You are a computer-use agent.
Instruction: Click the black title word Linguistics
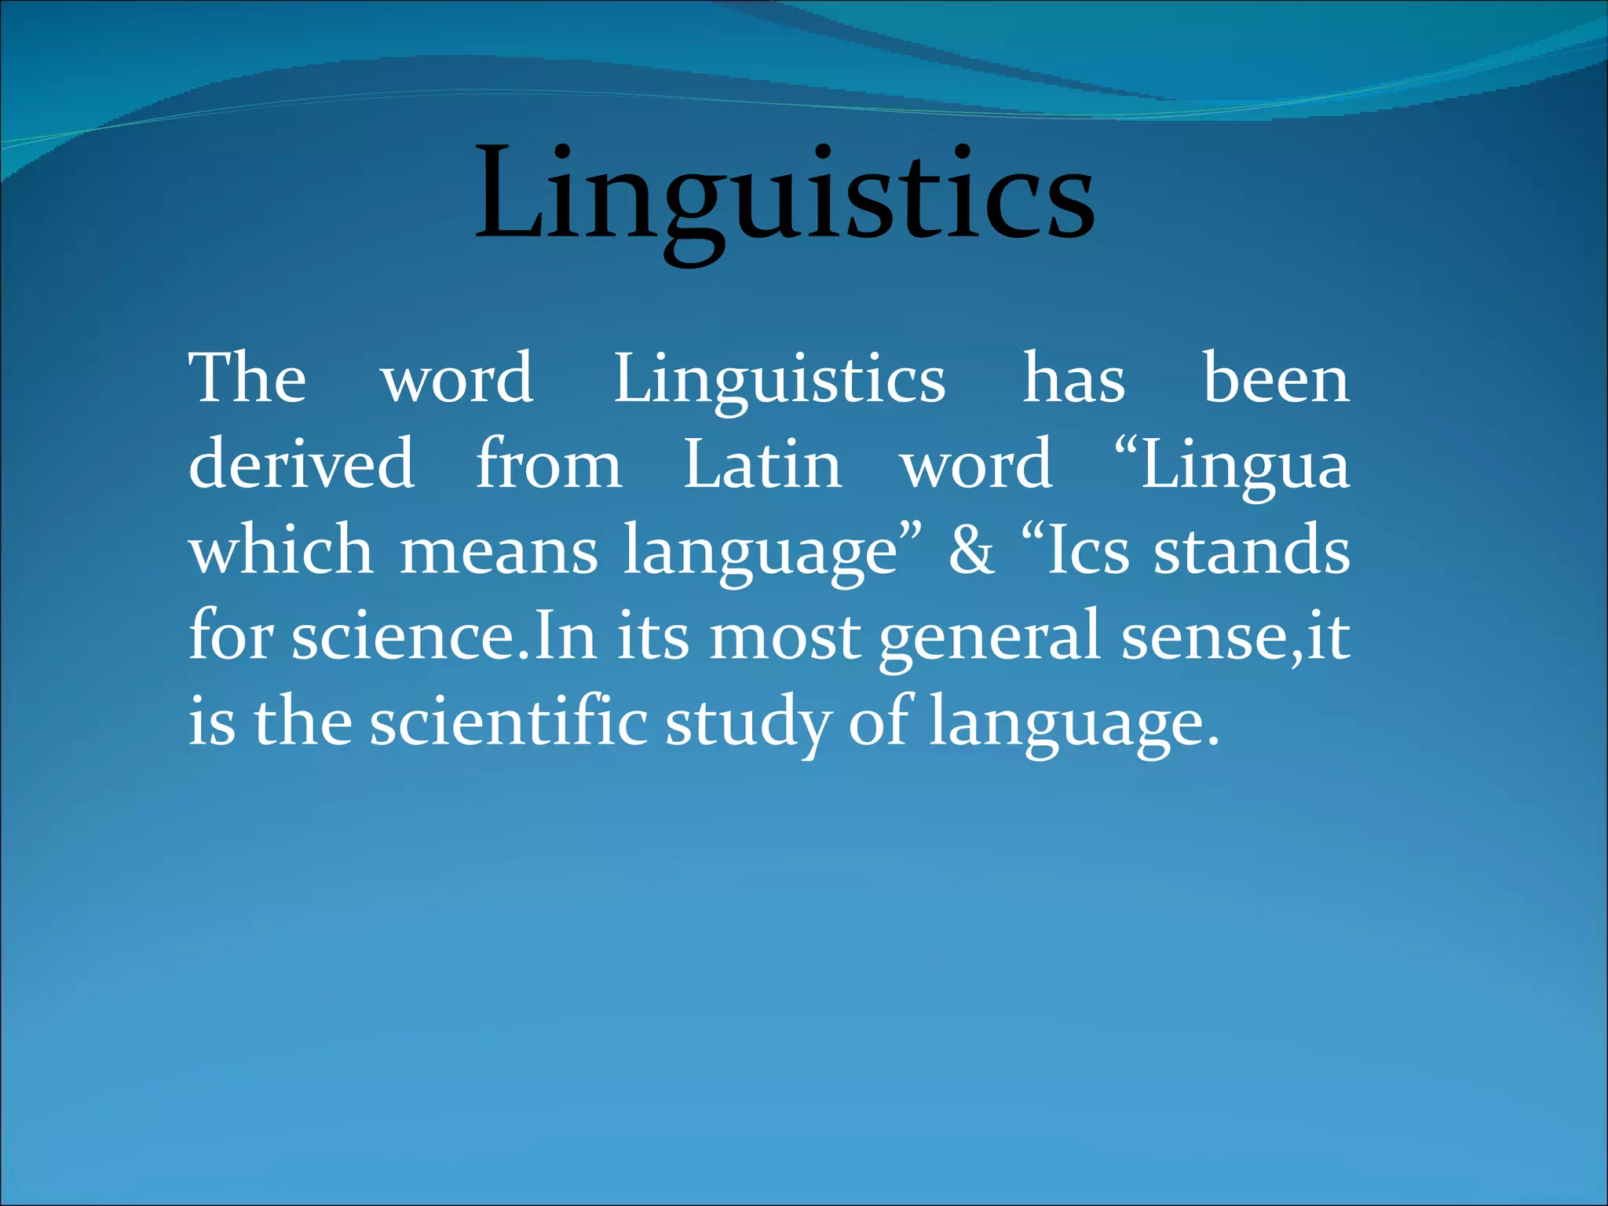(784, 196)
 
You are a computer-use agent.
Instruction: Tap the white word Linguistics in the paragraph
(779, 380)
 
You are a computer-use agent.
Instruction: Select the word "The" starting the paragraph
(247, 378)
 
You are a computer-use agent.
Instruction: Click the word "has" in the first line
(1073, 380)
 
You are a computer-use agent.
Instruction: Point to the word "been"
(1276, 380)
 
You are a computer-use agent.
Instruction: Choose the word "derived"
(301, 465)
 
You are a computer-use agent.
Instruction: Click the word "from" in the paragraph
(549, 465)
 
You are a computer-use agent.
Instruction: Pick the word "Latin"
(762, 465)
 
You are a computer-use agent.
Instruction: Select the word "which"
(281, 550)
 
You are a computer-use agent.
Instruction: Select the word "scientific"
(508, 721)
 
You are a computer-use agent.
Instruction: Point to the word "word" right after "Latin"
(976, 465)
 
